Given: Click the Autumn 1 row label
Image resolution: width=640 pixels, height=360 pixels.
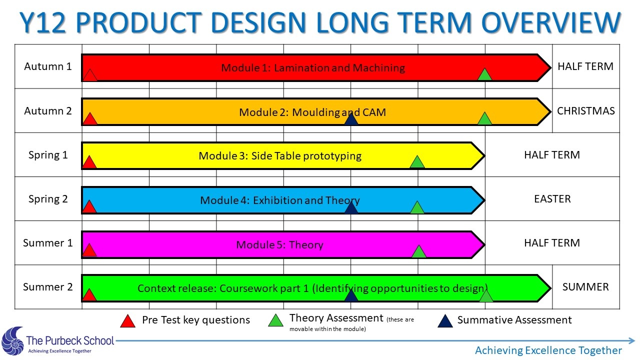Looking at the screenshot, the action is click(47, 66).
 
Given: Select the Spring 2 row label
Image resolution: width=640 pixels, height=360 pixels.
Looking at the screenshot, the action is click(48, 199).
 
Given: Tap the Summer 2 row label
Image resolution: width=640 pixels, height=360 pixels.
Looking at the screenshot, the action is click(47, 287).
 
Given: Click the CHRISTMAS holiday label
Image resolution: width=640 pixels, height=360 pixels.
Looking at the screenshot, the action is click(585, 111).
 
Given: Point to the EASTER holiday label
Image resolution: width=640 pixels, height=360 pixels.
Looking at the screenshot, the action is click(552, 199).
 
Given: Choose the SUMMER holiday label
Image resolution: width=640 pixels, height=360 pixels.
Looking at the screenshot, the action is click(585, 287).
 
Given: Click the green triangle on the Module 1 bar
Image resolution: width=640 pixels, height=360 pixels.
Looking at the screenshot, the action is click(484, 74).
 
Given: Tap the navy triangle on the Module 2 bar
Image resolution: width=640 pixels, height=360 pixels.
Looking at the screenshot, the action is click(351, 118).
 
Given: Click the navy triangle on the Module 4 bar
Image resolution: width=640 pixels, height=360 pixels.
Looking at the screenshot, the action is click(351, 207).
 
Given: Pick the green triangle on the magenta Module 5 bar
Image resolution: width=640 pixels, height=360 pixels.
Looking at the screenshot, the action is click(419, 251).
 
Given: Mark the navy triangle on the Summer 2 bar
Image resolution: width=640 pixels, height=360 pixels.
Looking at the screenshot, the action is click(351, 295).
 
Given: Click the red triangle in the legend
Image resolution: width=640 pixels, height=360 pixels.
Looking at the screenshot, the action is click(127, 321).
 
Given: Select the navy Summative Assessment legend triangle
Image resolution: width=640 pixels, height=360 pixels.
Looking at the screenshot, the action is click(445, 321).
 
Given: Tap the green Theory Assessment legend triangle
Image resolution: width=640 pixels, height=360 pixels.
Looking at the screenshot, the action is click(275, 320).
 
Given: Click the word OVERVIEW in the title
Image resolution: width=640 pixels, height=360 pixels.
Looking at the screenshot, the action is click(551, 22).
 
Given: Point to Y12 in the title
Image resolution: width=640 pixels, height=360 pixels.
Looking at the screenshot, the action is click(43, 22).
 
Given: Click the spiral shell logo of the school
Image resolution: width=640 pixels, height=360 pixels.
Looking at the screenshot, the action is click(13, 341).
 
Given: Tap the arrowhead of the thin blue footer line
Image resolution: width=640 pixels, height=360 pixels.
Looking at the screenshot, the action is click(631, 340).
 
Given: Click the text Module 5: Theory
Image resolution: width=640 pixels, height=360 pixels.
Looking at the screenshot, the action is click(279, 245).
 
